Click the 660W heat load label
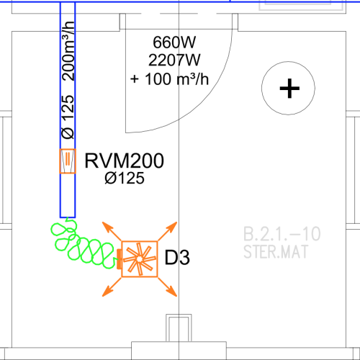[174, 42]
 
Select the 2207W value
[174, 60]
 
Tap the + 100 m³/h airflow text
[169, 78]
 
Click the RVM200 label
[125, 161]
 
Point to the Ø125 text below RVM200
[125, 178]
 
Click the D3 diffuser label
[177, 257]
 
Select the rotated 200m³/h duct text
[68, 51]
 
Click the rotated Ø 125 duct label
[68, 117]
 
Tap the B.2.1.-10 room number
[282, 234]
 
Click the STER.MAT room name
[276, 251]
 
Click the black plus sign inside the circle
[289, 89]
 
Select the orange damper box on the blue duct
[68, 161]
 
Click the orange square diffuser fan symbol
[140, 259]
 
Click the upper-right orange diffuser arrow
[168, 231]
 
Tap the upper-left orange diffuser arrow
[112, 231]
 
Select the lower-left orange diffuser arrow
[112, 287]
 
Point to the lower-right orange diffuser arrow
[168, 287]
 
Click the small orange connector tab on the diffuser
[119, 259]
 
